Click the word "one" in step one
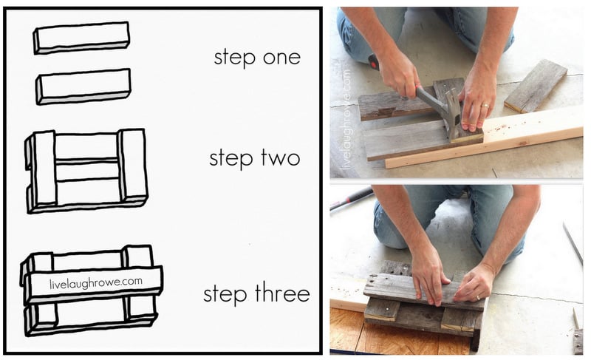tap(281, 58)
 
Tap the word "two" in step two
tap(281, 157)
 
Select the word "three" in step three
tap(282, 293)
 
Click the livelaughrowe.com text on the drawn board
tap(96, 282)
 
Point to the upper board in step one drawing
tap(82, 38)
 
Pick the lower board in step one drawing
tap(83, 86)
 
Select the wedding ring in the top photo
tap(485, 106)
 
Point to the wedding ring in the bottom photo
tap(478, 297)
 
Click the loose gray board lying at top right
tap(536, 86)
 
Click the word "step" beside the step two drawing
tap(230, 158)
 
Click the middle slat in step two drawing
tap(87, 171)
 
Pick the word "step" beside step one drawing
tap(235, 58)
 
